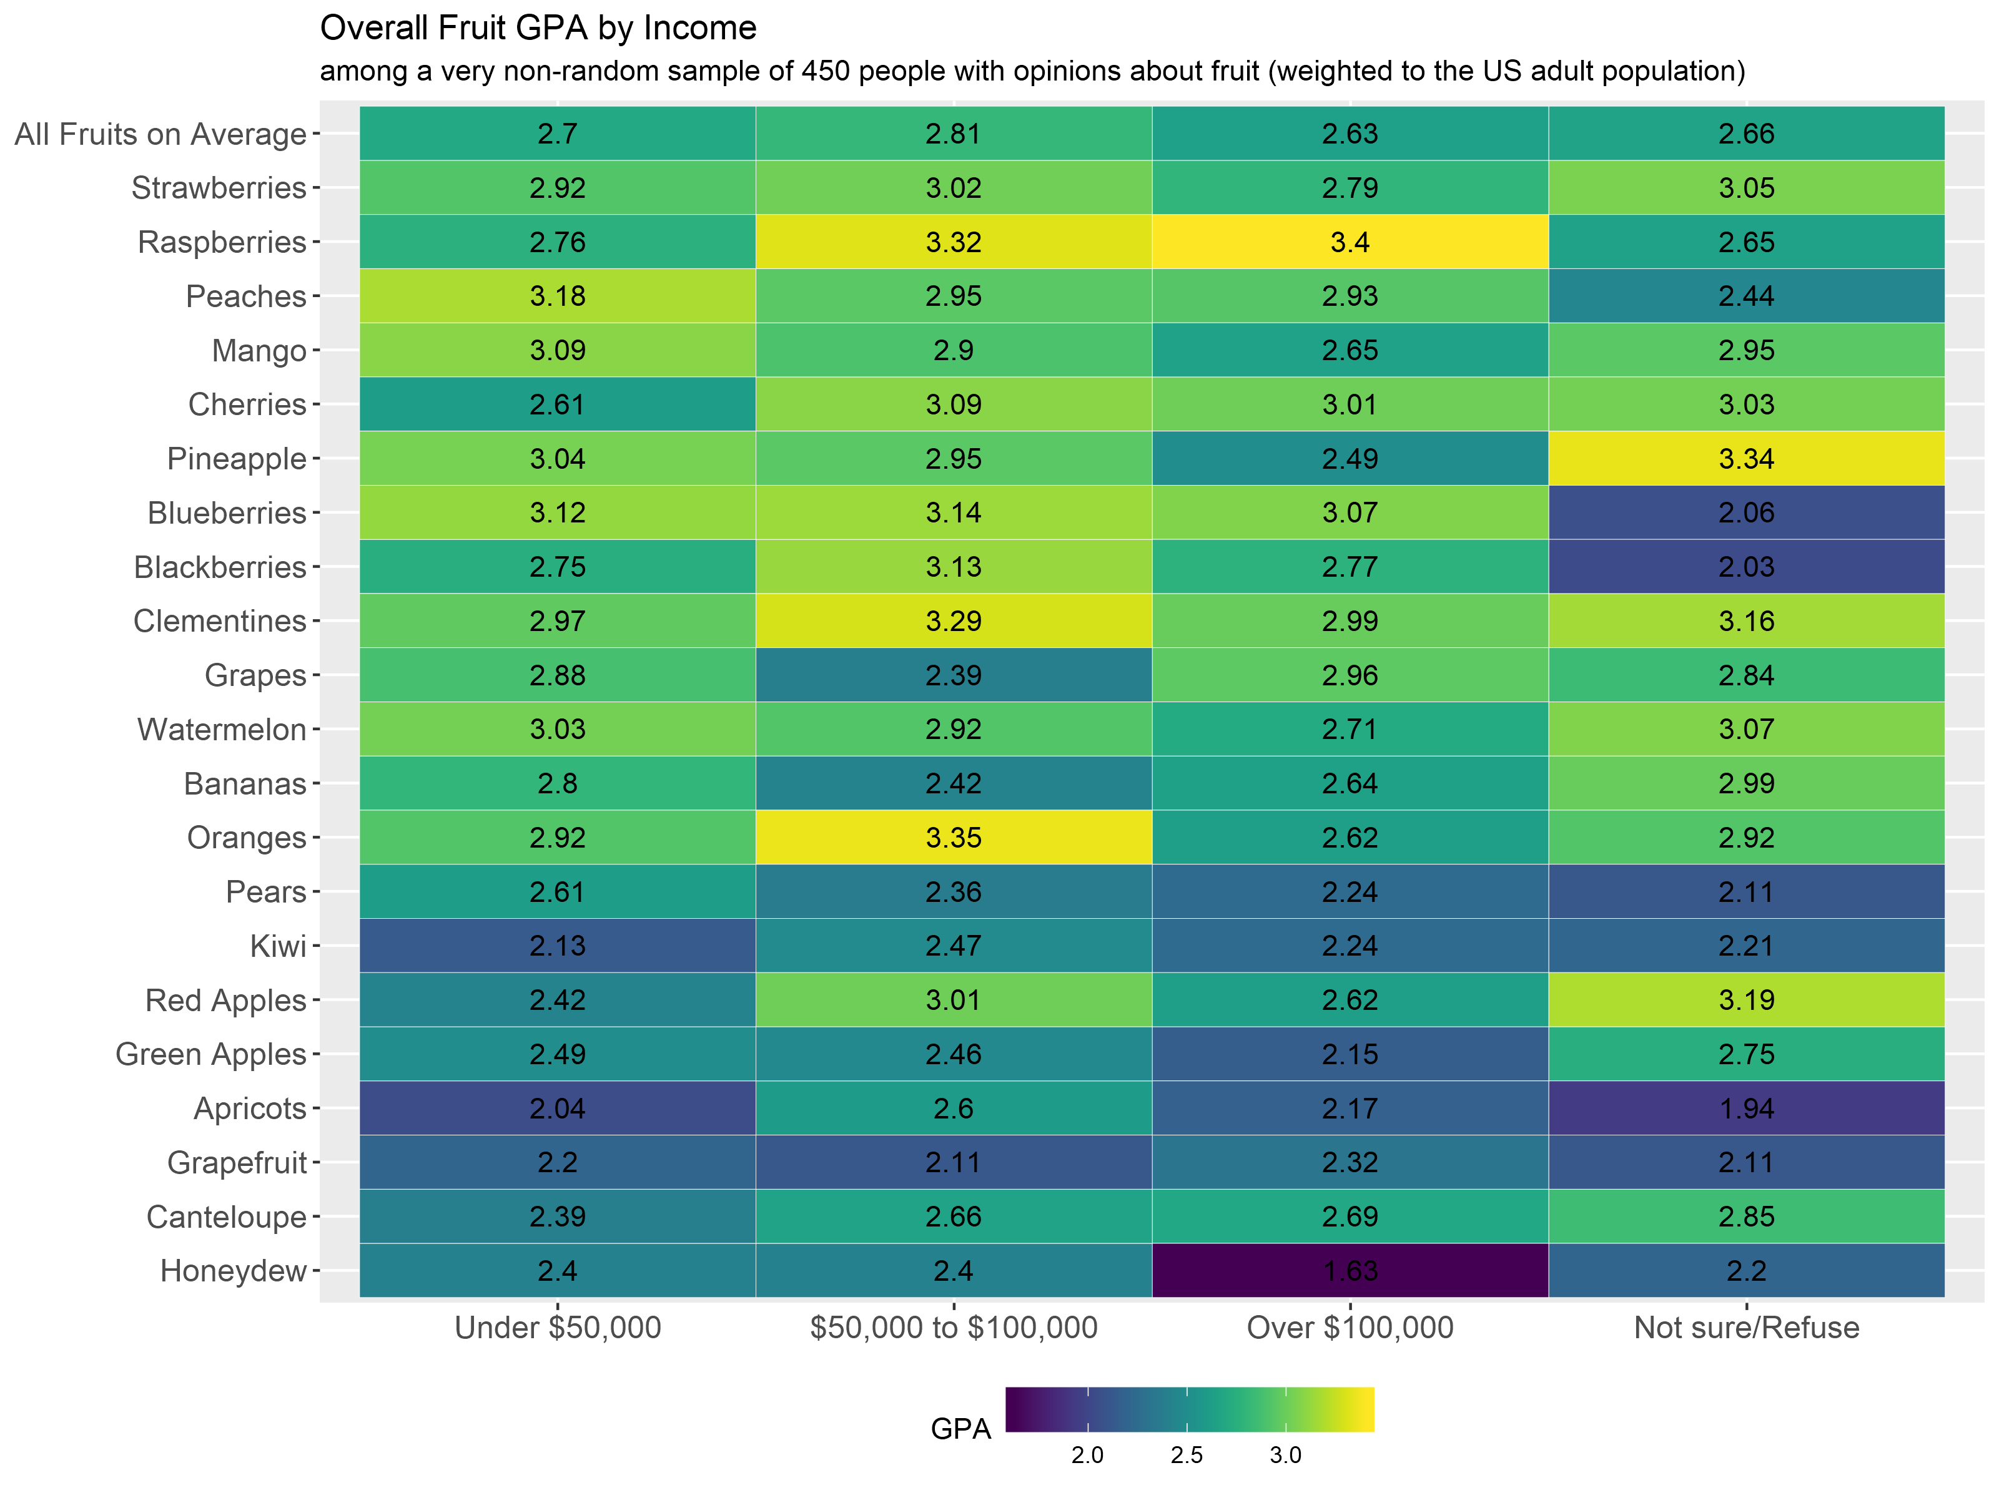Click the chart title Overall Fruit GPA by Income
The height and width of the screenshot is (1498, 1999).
(x=538, y=29)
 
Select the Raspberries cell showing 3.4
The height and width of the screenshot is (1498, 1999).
(x=1350, y=242)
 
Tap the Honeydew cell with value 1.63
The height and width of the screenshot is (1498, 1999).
(x=1350, y=1270)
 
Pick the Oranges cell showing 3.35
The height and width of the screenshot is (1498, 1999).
(x=954, y=838)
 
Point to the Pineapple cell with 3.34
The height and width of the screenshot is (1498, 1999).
(x=1746, y=459)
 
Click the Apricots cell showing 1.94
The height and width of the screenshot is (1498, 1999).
(x=1746, y=1108)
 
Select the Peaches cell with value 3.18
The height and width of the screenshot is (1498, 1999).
(x=558, y=296)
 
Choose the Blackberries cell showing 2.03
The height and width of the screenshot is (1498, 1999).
(x=1746, y=567)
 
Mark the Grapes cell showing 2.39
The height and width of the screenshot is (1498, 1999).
(x=954, y=675)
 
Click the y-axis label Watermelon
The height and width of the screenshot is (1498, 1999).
(x=222, y=729)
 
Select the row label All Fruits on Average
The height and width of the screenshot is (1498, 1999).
(x=161, y=134)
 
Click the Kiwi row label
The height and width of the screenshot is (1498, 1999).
(x=279, y=946)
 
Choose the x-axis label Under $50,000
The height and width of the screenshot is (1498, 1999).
(x=558, y=1327)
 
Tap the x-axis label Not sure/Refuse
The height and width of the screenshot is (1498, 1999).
(x=1746, y=1327)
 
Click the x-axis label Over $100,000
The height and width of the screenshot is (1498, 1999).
(x=1350, y=1327)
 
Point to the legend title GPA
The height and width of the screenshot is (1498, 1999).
(x=960, y=1429)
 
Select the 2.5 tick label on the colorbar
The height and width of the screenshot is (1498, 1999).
(x=1187, y=1456)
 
